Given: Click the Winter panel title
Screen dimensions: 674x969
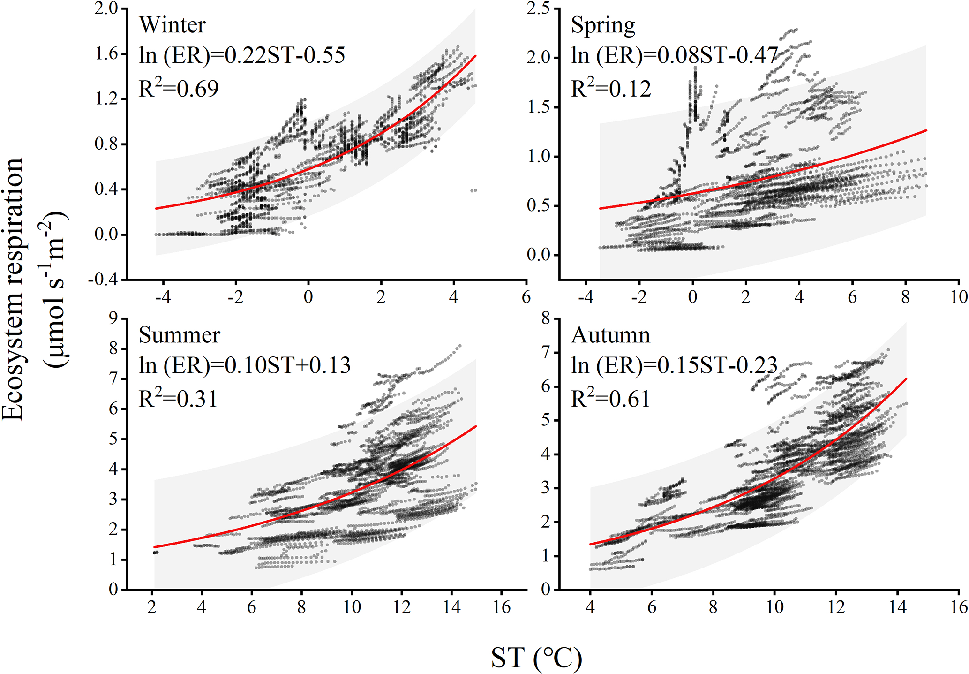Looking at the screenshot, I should coord(172,25).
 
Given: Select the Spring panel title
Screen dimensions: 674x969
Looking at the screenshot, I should coord(603,25).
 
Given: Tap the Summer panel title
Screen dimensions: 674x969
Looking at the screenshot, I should coord(179,335).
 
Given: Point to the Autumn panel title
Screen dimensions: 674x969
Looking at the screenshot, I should coord(610,335).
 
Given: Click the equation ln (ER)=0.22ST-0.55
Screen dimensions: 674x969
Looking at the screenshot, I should coord(242,55).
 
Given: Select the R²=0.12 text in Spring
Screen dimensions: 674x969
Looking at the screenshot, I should coord(611,89).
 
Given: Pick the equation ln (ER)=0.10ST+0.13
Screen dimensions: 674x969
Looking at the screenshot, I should coord(244,365).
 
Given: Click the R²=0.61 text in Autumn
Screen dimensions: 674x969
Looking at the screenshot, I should coord(610,399).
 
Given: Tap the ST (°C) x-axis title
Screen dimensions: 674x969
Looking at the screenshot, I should coord(536,658).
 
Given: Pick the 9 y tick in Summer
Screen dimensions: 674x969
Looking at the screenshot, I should coord(113,319).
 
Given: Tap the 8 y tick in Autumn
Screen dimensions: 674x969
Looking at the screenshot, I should coord(545,319).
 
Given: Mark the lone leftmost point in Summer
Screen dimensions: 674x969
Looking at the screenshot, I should coord(156,553).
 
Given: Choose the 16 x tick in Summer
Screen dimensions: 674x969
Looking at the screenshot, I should coord(502,607).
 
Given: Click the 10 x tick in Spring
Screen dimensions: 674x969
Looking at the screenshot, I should coord(959,297).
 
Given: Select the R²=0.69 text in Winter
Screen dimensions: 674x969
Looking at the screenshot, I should coord(179,89).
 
